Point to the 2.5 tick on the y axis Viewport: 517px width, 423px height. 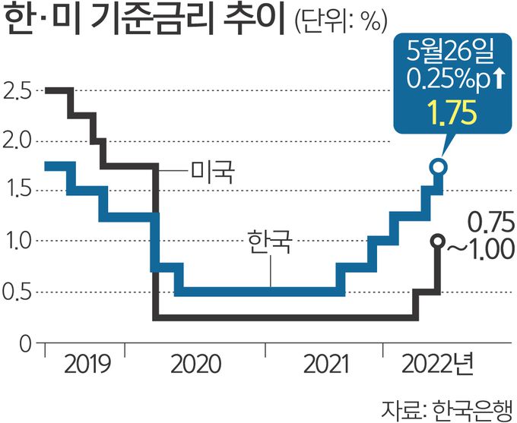17,91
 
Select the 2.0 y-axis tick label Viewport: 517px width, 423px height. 17,141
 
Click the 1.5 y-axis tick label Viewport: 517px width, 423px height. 17,191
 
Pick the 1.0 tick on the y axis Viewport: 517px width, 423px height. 17,241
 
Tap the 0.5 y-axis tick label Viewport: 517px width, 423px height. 17,292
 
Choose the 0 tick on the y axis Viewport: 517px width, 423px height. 23,343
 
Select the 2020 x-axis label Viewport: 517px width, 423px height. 195,366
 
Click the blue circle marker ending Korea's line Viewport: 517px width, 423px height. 438,167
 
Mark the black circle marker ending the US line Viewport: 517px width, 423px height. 438,241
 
